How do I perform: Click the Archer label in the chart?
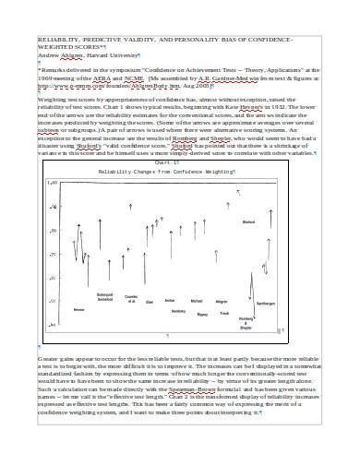click(x=170, y=300)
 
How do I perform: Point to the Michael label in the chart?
click(x=196, y=300)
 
